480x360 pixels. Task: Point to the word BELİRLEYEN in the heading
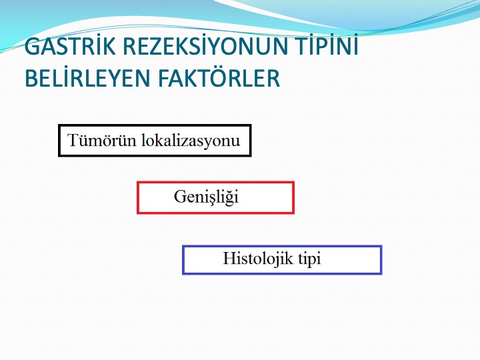(x=87, y=78)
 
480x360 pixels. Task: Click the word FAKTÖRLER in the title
(x=219, y=77)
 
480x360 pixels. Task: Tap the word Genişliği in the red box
(x=206, y=197)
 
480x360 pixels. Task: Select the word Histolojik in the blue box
(x=258, y=258)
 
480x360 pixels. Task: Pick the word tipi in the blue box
(x=309, y=259)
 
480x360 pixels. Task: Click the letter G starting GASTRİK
(x=33, y=46)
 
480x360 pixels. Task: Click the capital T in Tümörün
(x=74, y=141)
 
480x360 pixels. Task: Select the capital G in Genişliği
(x=181, y=197)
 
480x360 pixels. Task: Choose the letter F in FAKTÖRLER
(x=164, y=78)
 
